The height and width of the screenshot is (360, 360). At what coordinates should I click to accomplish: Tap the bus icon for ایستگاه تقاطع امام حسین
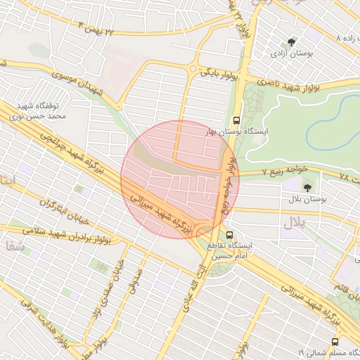point(229,236)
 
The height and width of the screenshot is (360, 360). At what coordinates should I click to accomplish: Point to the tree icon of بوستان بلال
point(307,187)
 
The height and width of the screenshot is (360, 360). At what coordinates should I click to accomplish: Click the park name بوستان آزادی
point(294,53)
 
